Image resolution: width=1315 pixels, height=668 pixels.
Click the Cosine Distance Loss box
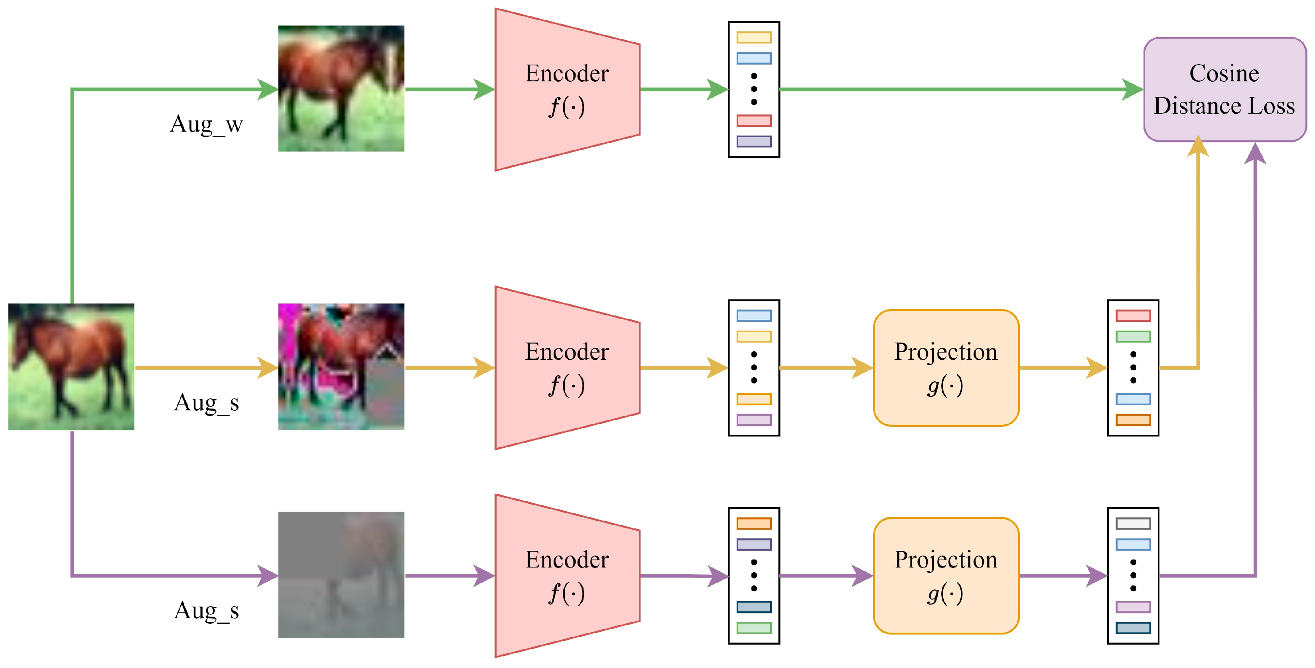[1224, 89]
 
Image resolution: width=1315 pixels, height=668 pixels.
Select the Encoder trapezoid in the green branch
[567, 89]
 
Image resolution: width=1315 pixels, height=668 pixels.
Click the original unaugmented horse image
[71, 367]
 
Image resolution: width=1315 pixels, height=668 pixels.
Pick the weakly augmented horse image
[341, 88]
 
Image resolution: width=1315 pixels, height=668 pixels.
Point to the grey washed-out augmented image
[341, 575]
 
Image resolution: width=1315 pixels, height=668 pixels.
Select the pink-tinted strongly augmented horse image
[341, 367]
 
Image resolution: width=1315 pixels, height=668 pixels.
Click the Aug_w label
[206, 124]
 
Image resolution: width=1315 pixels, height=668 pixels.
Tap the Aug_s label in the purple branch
[206, 610]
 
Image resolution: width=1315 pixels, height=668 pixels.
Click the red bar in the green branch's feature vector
[753, 120]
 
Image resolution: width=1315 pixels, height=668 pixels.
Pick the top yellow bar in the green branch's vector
[753, 37]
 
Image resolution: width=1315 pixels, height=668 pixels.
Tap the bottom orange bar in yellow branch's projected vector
[1133, 420]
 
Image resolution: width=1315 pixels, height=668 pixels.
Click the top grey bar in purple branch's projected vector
[1133, 523]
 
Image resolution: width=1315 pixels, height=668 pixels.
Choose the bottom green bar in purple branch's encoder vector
[753, 628]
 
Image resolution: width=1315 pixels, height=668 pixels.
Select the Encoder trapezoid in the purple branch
[567, 575]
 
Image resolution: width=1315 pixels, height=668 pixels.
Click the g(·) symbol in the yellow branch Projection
[945, 385]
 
